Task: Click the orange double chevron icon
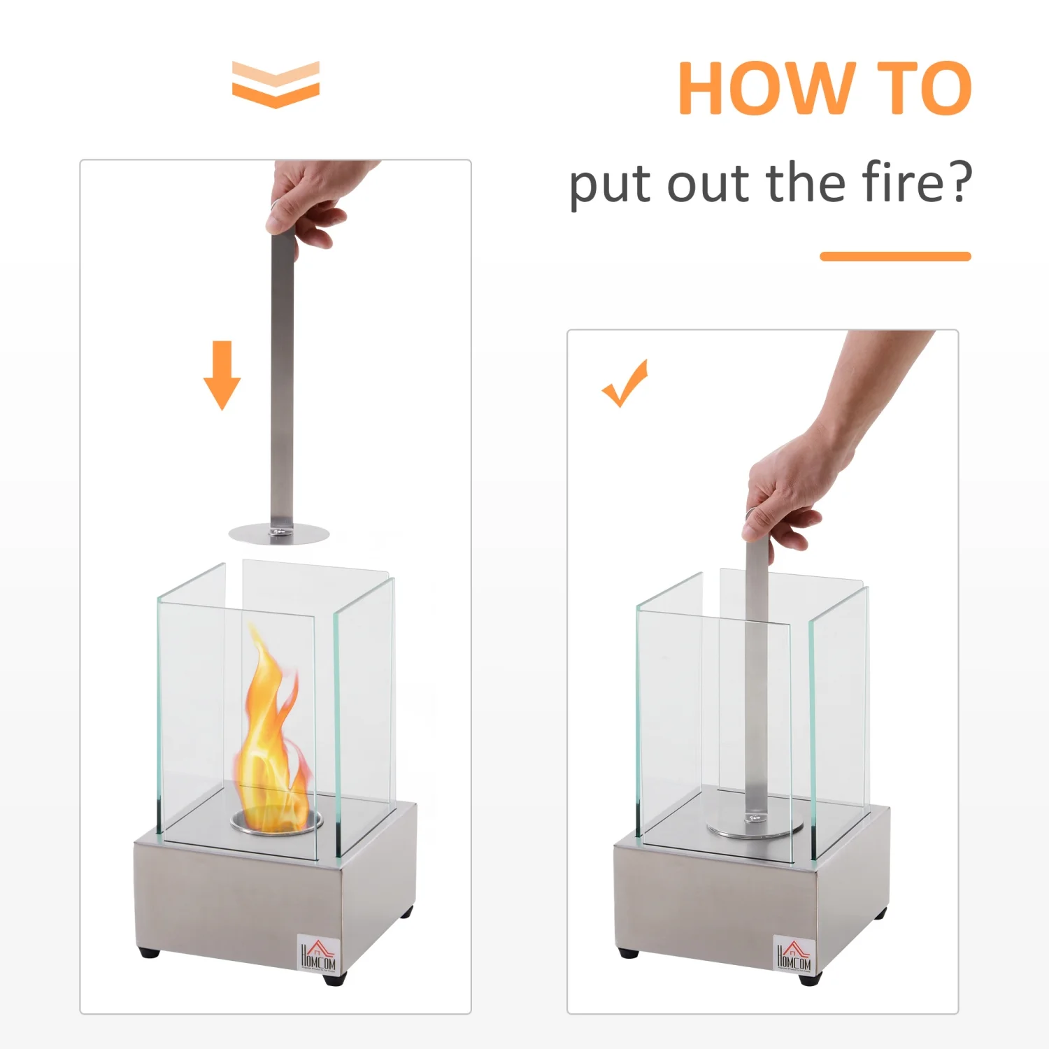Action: [276, 85]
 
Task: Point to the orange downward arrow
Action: [222, 375]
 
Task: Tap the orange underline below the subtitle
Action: [895, 256]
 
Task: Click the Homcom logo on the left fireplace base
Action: [318, 953]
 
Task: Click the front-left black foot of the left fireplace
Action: [149, 952]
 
